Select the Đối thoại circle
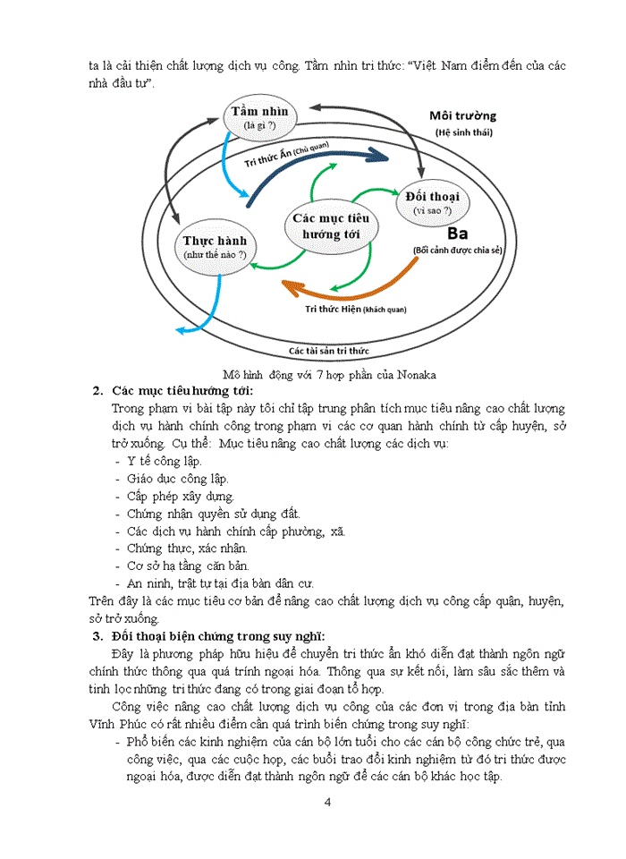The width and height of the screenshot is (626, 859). coord(432,202)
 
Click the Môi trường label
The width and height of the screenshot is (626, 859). coord(462,116)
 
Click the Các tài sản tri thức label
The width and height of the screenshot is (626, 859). coord(328,350)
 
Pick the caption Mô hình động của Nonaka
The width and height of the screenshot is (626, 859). coord(328,373)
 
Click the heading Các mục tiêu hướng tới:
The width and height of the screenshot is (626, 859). coord(182,391)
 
